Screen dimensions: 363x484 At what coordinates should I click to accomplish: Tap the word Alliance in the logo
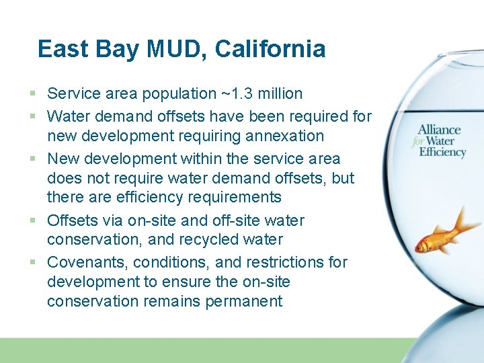(439, 130)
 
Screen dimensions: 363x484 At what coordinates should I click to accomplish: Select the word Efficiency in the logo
(442, 152)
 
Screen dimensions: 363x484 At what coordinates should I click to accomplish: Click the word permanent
(245, 301)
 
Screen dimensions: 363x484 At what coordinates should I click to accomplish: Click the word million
(278, 93)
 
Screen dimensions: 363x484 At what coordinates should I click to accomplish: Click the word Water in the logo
(440, 141)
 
